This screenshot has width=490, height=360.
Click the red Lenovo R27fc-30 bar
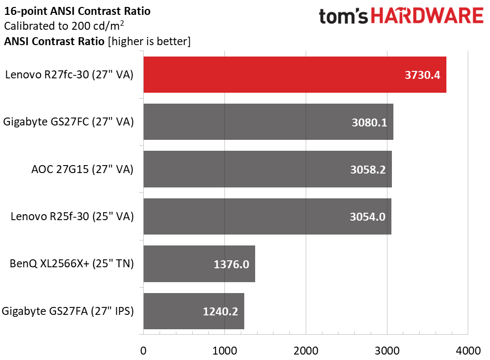295,75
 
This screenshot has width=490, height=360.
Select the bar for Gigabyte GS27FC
268,121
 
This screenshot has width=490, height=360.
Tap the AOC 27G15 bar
268,169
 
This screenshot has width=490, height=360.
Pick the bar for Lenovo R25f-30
267,216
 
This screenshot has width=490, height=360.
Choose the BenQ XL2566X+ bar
199,264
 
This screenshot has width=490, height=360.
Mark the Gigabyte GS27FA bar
194,311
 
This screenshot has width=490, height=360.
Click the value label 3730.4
422,75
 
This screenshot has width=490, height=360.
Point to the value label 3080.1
370,122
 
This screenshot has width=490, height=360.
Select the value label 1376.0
231,264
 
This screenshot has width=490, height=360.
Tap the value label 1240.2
220,311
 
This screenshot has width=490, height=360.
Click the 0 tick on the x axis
144,351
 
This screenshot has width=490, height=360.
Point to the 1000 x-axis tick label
225,351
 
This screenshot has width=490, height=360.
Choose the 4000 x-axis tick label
468,351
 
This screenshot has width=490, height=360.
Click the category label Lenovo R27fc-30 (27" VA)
69,75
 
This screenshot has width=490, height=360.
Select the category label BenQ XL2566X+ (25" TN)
71,264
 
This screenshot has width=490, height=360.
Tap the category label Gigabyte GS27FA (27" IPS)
68,311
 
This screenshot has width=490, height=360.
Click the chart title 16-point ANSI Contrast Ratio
77,11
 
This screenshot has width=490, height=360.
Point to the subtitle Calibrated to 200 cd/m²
64,26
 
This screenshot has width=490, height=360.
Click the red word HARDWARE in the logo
427,16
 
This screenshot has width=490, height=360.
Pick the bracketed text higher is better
149,41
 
